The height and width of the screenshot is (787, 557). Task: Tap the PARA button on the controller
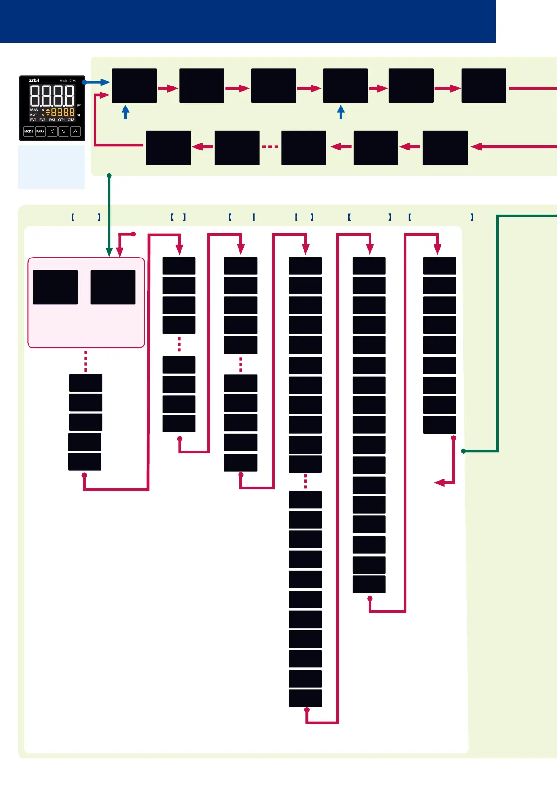41,132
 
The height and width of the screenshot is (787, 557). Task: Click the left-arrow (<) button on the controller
52,132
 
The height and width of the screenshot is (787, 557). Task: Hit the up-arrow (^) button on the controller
75,132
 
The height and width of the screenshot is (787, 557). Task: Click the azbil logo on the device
34,80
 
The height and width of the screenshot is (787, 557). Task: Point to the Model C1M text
67,81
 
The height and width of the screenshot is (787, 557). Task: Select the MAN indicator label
34,110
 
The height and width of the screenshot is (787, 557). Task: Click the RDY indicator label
34,114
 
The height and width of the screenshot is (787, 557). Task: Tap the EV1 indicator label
33,120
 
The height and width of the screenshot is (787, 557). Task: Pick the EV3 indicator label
52,120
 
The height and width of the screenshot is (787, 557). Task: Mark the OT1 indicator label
61,120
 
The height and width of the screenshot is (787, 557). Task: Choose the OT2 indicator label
71,120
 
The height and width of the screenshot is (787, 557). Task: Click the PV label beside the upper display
79,106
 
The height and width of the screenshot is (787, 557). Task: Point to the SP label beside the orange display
79,115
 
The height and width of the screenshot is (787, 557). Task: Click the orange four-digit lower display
63,113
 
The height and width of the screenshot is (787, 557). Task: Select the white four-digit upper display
52,96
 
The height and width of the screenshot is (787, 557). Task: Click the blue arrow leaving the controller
96,82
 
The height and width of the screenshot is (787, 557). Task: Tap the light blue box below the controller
51,167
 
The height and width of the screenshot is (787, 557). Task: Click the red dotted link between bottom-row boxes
270,147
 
